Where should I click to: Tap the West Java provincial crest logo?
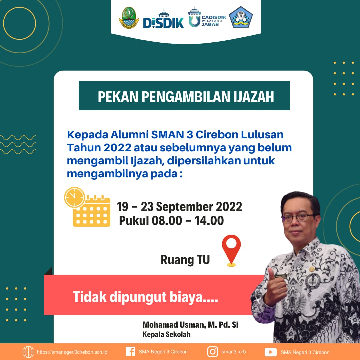tap(129, 17)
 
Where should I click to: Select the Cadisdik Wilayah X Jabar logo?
tap(207, 18)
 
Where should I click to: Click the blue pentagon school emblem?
tap(241, 17)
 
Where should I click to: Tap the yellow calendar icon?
tap(92, 211)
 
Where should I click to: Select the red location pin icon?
tap(231, 250)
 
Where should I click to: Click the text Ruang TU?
tap(185, 260)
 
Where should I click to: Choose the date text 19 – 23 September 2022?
tap(180, 207)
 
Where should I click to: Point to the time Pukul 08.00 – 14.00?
tap(171, 221)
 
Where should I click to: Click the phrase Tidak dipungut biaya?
tap(145, 297)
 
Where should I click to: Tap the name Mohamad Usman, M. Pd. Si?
tap(190, 325)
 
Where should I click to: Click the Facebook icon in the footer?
tap(131, 352)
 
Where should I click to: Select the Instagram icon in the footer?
tap(213, 352)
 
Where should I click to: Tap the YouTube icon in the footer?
tap(270, 352)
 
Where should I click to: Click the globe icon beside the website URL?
tap(28, 352)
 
